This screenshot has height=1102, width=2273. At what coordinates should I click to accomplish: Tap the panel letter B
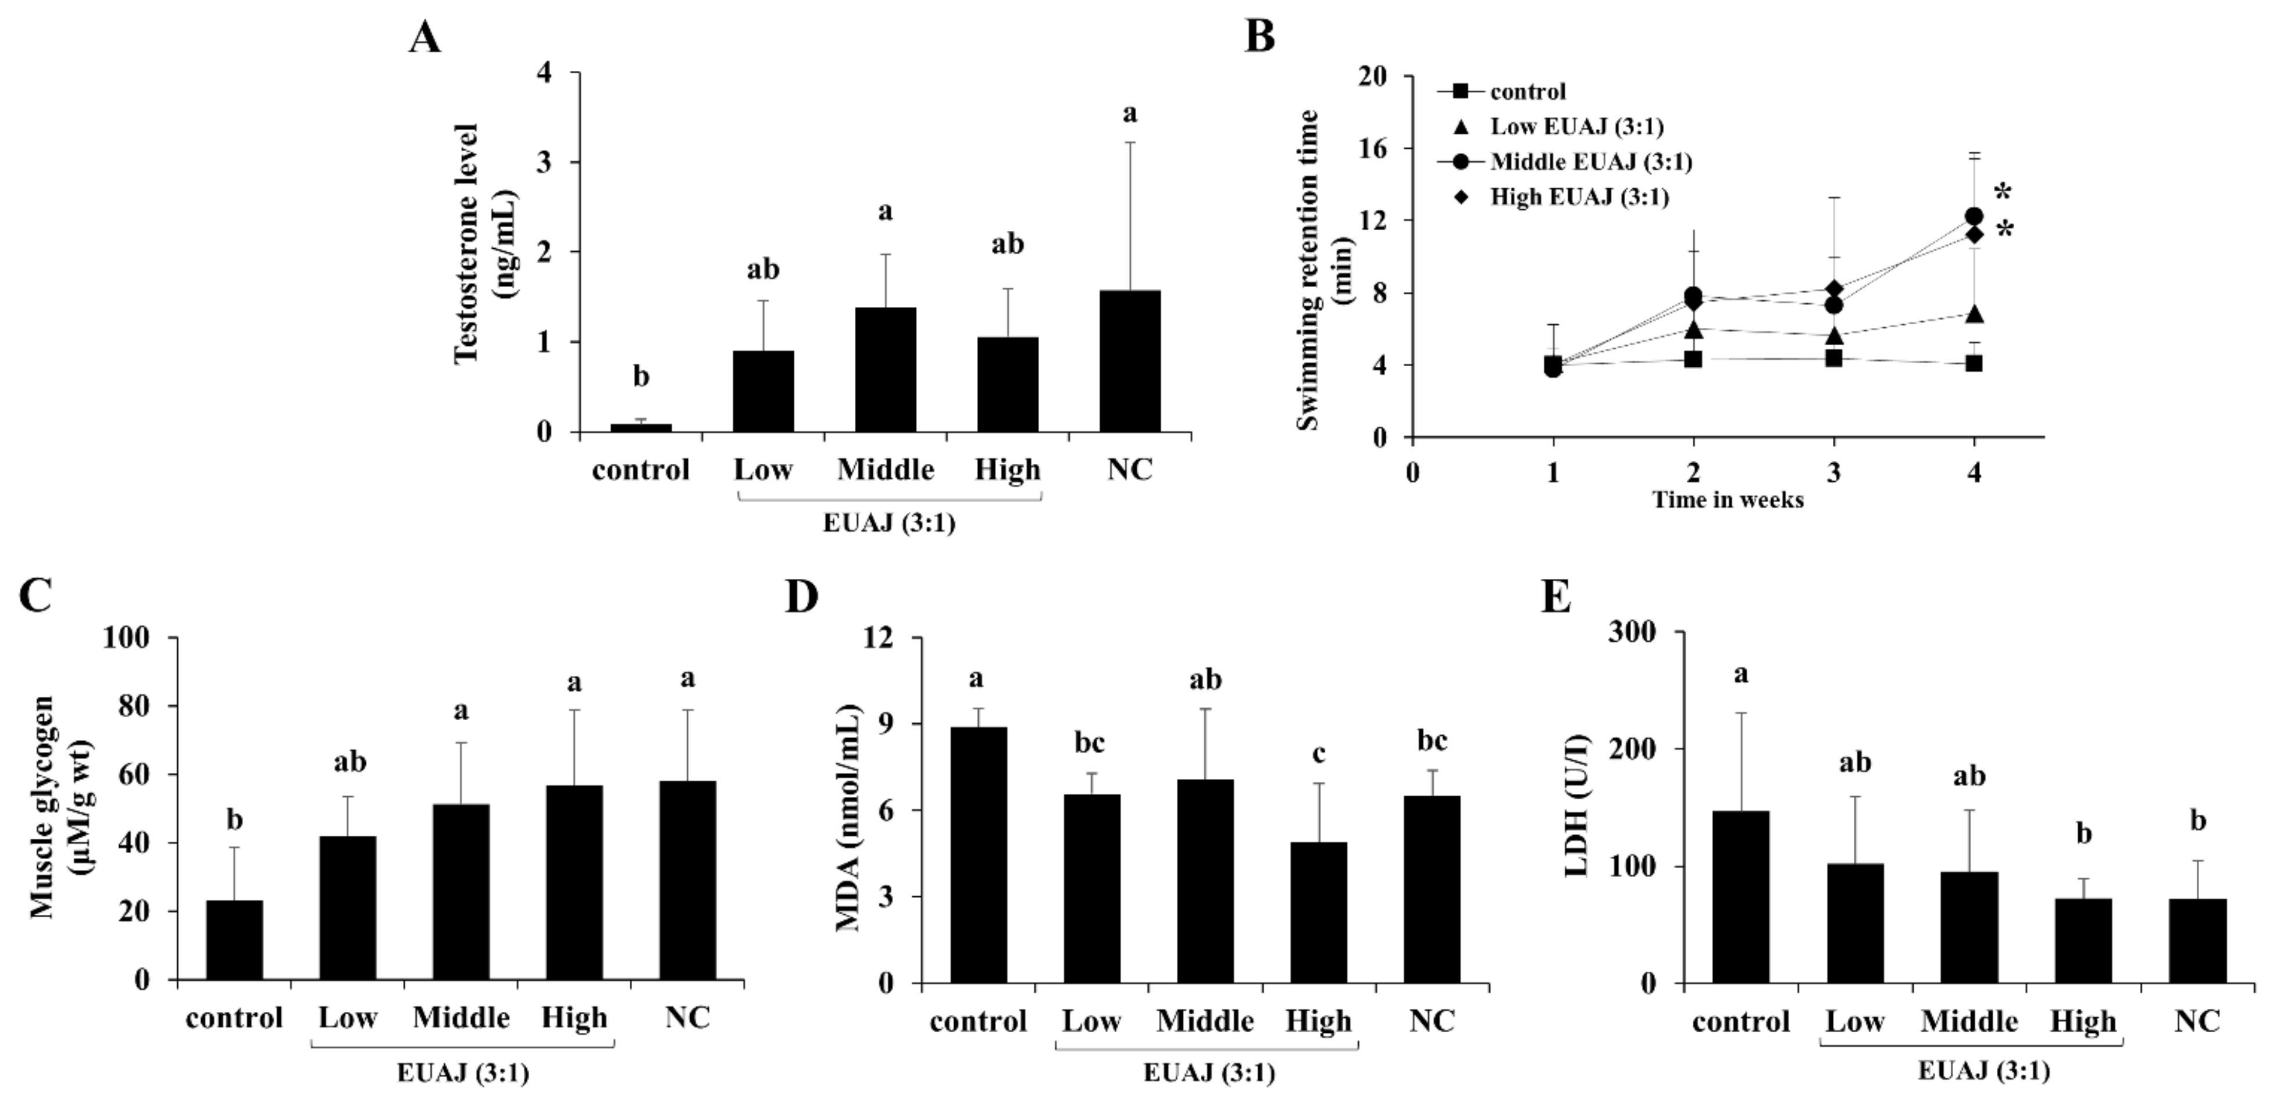pos(1259,38)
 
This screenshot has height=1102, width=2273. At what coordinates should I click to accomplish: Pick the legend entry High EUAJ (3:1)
pos(1579,197)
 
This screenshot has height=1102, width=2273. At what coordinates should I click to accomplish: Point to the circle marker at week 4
pos(1974,216)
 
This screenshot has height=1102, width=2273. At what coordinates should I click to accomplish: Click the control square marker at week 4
pos(1974,363)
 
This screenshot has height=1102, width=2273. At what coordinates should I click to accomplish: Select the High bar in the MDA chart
pos(1318,913)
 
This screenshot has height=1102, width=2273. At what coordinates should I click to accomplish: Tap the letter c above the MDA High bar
pos(1318,754)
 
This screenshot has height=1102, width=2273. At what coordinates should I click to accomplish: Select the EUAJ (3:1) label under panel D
pos(1209,1074)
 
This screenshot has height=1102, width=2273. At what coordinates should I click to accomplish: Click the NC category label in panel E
pos(2197,1021)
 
